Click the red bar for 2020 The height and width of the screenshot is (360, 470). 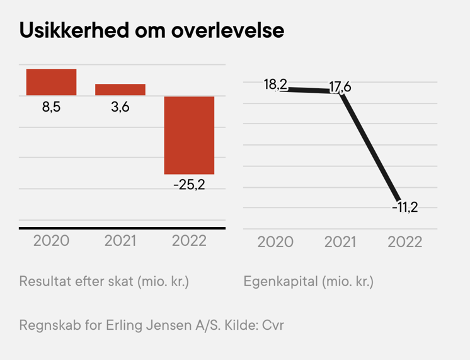pyautogui.click(x=51, y=82)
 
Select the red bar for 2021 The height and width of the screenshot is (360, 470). pyautogui.click(x=120, y=90)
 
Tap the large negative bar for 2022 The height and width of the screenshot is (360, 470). pyautogui.click(x=189, y=135)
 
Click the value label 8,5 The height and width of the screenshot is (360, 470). pyautogui.click(x=51, y=108)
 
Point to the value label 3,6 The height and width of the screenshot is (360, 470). pyautogui.click(x=120, y=108)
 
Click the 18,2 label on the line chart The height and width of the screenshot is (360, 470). pyautogui.click(x=275, y=84)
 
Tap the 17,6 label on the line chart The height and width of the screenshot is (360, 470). pyautogui.click(x=340, y=86)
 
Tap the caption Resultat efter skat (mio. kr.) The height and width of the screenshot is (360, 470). pyautogui.click(x=105, y=281)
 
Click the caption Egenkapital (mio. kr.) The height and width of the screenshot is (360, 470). pyautogui.click(x=309, y=281)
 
